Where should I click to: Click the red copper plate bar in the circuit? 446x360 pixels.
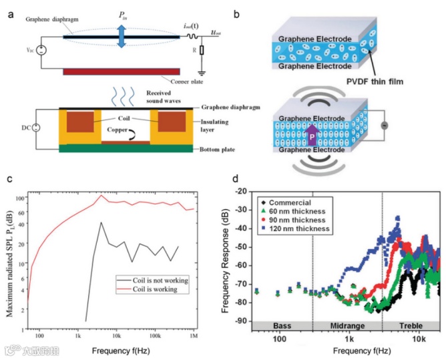(x=121, y=71)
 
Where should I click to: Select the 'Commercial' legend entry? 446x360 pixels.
(x=292, y=200)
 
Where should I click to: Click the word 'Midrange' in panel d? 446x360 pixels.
(x=347, y=325)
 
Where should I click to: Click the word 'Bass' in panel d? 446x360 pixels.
(x=278, y=325)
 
